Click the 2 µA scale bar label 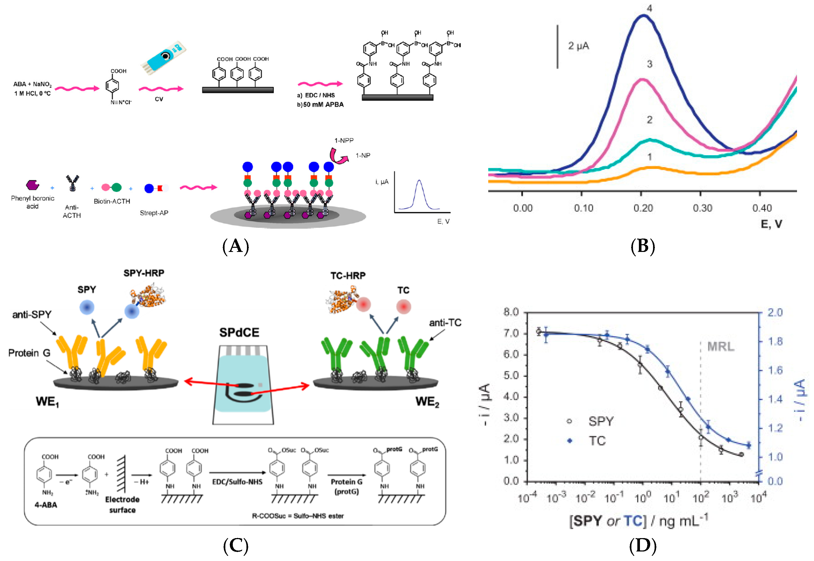(578, 46)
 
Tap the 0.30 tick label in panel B (702, 208)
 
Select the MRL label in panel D (721, 347)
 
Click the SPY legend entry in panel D (601, 421)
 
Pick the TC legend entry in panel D (597, 441)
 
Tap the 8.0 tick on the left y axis (511, 312)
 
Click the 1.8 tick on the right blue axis (775, 341)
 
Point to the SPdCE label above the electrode (239, 332)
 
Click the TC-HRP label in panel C (348, 276)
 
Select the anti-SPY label (32, 314)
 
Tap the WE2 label (427, 402)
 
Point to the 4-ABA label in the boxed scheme (46, 505)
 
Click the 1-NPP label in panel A (344, 141)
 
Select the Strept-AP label (154, 213)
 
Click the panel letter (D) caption (642, 546)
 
